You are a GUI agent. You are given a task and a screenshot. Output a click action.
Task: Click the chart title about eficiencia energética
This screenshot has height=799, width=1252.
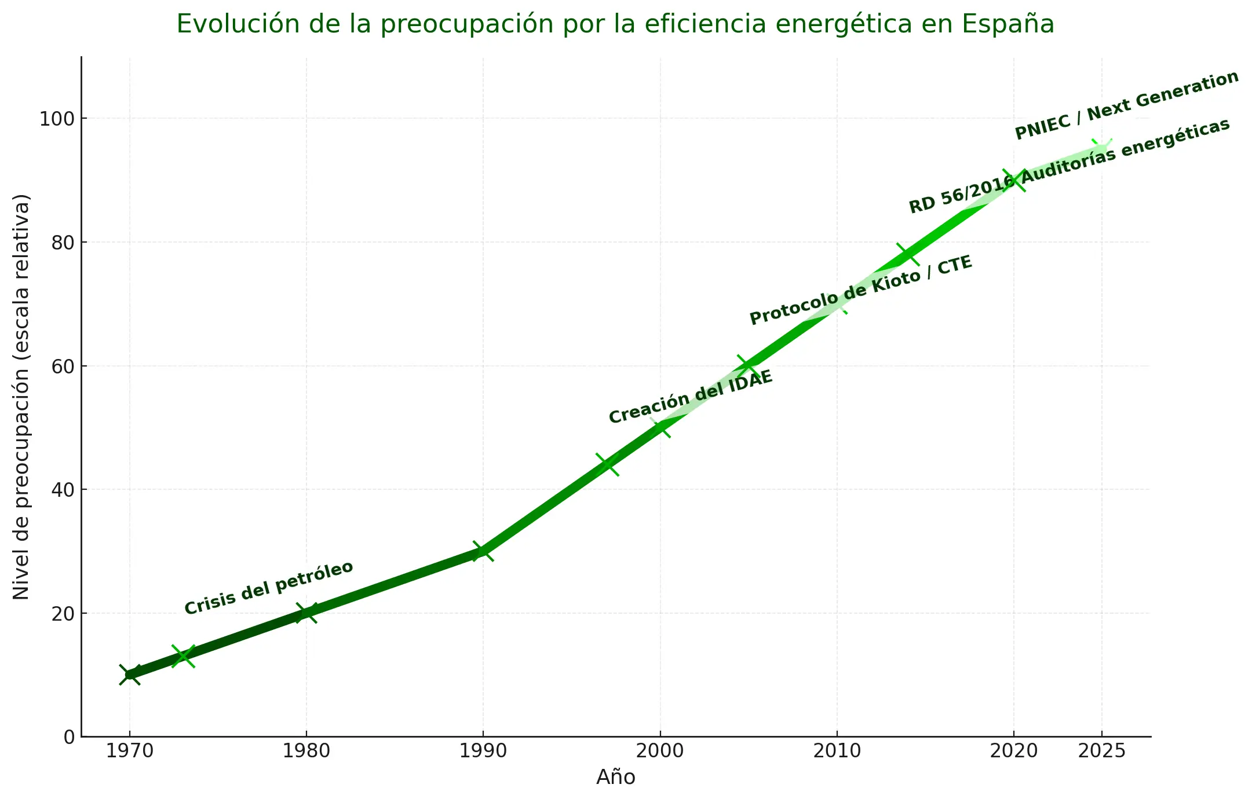tap(615, 24)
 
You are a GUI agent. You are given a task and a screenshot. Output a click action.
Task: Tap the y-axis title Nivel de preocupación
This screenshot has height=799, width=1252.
tap(21, 397)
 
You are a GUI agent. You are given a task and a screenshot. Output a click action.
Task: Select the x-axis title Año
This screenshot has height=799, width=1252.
tap(615, 777)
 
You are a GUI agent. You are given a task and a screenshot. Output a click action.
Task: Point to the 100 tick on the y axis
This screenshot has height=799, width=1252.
tap(57, 119)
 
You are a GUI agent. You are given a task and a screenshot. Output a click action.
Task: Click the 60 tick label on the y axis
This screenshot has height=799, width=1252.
tap(63, 366)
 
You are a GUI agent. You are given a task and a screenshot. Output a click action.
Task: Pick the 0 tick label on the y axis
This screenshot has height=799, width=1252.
tap(70, 737)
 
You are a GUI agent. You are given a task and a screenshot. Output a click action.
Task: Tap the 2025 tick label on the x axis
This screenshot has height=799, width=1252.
tap(1101, 752)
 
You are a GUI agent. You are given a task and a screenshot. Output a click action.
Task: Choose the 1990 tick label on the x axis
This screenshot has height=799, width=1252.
tap(483, 752)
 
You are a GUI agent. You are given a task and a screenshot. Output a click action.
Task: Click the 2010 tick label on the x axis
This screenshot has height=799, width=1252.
tap(837, 752)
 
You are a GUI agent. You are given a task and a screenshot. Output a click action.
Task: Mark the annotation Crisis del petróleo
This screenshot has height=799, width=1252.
tap(268, 588)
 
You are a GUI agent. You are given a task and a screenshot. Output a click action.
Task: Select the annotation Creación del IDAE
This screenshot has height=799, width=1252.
tap(691, 397)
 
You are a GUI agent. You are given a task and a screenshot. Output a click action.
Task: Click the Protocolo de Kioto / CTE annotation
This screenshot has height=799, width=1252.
tap(860, 290)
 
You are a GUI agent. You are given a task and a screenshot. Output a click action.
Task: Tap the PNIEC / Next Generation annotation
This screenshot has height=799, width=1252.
tap(1126, 105)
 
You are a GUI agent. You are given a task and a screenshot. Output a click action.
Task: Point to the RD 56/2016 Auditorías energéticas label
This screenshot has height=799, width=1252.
tap(1069, 166)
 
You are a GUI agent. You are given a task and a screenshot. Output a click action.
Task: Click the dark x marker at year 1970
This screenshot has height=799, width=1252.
tap(130, 675)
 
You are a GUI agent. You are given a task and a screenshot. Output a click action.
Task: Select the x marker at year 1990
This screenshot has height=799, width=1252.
tap(483, 551)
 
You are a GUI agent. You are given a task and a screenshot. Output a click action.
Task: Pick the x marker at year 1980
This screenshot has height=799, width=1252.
tap(306, 613)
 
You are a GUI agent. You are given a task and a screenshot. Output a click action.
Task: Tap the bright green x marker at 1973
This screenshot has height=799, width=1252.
tap(183, 656)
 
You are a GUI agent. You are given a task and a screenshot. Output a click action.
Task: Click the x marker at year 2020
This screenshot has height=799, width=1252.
tap(1014, 181)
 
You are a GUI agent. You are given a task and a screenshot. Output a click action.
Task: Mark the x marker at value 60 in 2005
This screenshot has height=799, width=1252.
tap(748, 366)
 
